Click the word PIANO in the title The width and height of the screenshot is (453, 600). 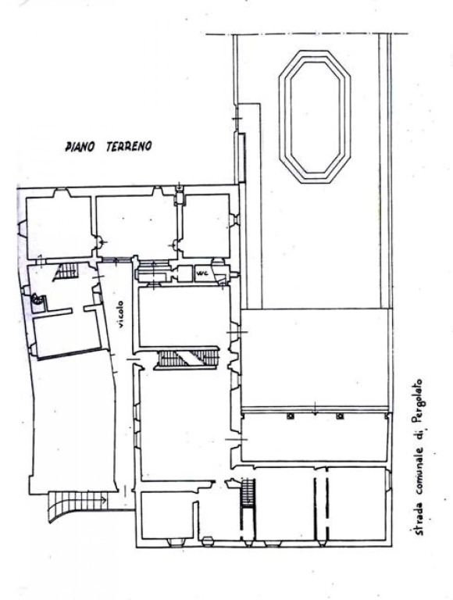tap(80, 147)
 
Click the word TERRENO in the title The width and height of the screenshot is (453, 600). tap(129, 146)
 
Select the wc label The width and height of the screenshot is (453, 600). tap(201, 273)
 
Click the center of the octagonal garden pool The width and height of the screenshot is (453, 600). tap(315, 116)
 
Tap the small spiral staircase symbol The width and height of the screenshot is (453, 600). tap(37, 299)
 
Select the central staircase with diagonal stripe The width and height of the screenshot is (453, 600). tap(187, 359)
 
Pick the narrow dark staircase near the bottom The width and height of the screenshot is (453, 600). tap(248, 494)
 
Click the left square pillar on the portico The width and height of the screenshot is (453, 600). tap(291, 416)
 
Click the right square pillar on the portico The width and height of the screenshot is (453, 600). tap(339, 416)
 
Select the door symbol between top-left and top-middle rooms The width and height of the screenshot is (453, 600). tap(100, 241)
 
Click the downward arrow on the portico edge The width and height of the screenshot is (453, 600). tap(315, 409)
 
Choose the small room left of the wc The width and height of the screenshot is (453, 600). tap(185, 273)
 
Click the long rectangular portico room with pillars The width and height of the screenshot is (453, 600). tap(315, 437)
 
